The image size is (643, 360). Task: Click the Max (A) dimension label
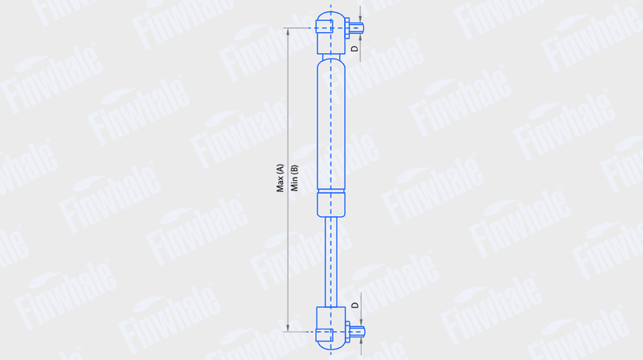(280, 178)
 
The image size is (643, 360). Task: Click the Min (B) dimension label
(294, 178)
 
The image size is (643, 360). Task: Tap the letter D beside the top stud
(355, 48)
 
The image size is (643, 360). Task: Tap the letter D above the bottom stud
(355, 305)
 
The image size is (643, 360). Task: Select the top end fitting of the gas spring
(331, 33)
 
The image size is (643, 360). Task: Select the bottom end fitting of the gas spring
(331, 329)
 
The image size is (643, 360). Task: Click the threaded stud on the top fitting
(357, 28)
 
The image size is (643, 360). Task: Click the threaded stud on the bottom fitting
(357, 332)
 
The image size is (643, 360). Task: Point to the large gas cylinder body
(331, 124)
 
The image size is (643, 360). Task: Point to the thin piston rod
(331, 262)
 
